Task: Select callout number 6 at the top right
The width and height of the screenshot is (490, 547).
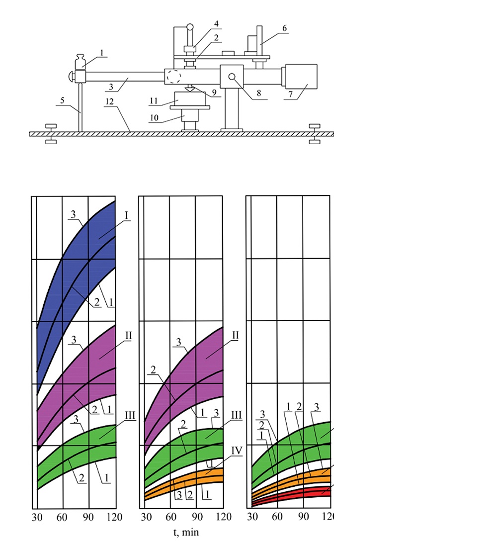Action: pyautogui.click(x=284, y=29)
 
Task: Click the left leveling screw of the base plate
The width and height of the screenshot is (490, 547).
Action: pyautogui.click(x=51, y=134)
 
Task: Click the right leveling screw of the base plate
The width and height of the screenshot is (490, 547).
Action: pyautogui.click(x=315, y=134)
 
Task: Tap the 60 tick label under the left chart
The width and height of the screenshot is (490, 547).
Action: pyautogui.click(x=62, y=517)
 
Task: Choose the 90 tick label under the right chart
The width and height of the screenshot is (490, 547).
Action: pyautogui.click(x=303, y=517)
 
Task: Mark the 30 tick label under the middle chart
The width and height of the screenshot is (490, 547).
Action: pyautogui.click(x=146, y=517)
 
